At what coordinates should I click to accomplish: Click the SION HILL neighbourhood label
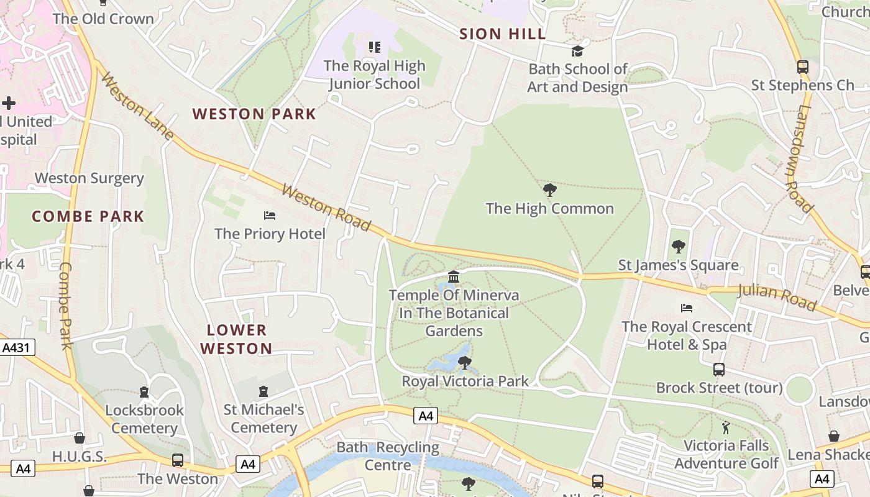point(502,34)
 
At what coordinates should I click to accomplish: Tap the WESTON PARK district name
point(254,114)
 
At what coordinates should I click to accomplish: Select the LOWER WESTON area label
point(236,339)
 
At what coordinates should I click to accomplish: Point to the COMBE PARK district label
point(88,217)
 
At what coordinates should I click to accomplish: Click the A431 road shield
point(16,347)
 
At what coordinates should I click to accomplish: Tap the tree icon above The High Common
point(549,190)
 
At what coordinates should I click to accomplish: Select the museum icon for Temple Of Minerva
point(454,276)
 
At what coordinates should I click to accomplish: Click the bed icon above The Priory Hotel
point(270,216)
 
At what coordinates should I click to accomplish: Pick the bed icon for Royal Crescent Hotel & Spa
point(687,308)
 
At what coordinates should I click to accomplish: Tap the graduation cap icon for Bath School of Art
point(578,51)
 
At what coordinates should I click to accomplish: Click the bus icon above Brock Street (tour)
point(719,370)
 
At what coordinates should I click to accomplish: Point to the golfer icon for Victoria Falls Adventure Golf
point(726,427)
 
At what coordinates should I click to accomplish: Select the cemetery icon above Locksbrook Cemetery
point(144,392)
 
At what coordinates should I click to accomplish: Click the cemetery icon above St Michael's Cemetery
point(263,391)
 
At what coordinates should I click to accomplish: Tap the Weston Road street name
point(326,207)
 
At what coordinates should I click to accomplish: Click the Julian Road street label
point(777,297)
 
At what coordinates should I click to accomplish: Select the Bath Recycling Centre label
point(388,456)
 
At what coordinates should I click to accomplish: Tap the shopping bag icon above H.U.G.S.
point(79,438)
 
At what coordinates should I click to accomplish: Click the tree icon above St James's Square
point(678,247)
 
